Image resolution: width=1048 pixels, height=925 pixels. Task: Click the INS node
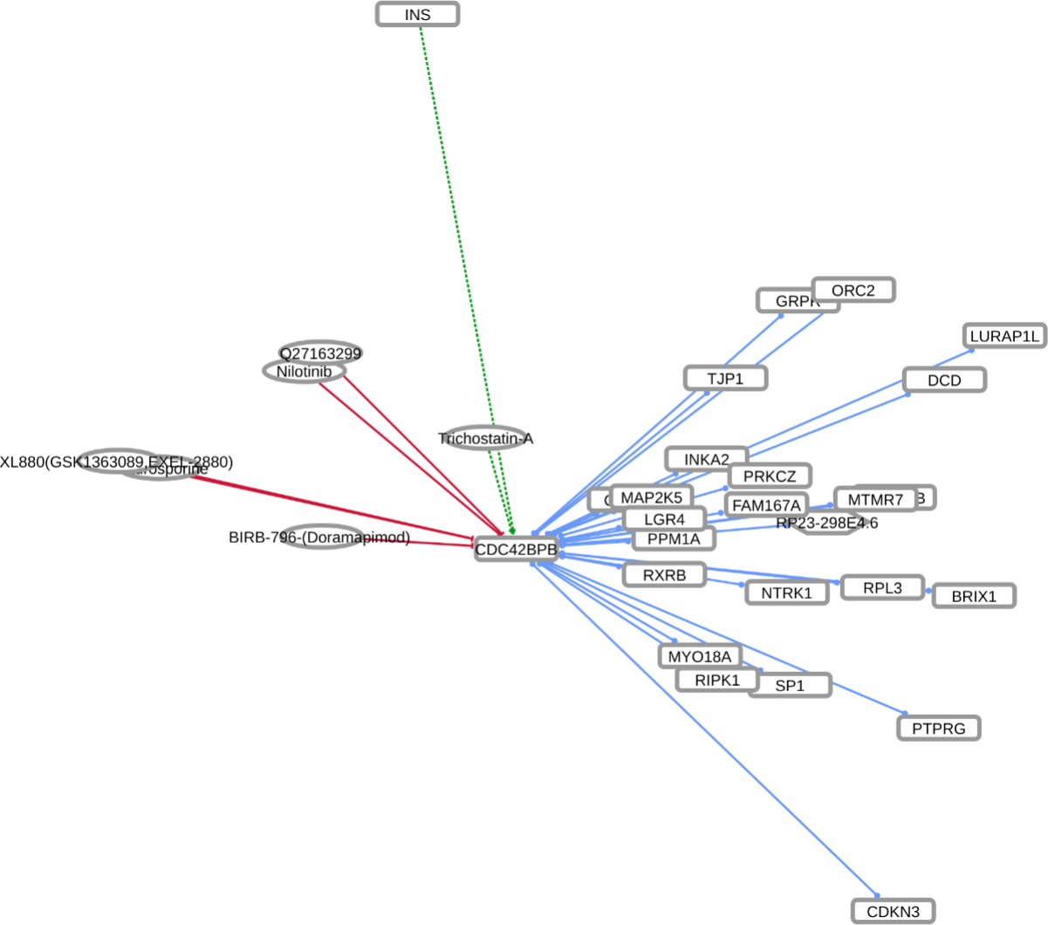tap(417, 15)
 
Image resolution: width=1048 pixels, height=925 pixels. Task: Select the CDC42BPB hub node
tap(516, 550)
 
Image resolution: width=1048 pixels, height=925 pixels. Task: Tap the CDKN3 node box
tap(893, 912)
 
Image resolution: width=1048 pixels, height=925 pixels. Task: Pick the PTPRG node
tap(939, 728)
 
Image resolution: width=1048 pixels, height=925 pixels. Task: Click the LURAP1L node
tap(1005, 336)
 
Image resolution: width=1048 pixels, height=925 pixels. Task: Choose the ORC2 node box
tap(853, 291)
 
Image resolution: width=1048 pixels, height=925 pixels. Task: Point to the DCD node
tap(944, 380)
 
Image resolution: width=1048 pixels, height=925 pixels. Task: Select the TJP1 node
tap(725, 378)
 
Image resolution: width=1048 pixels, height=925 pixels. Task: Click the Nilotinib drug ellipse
tap(304, 372)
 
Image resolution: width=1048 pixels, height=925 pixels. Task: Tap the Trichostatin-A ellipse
tap(485, 439)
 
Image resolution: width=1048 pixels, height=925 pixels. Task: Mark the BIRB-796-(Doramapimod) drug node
tap(319, 538)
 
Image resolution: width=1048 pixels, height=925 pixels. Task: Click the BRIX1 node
tap(974, 597)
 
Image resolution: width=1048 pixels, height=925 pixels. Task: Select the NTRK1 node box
tap(787, 593)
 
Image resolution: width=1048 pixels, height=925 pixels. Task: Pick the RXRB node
tap(664, 575)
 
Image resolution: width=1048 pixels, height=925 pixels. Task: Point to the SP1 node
tap(790, 686)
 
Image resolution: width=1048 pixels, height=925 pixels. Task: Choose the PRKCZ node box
tap(770, 476)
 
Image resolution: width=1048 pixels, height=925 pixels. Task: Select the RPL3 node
tap(882, 588)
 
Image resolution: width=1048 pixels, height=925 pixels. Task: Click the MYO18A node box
tap(699, 656)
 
